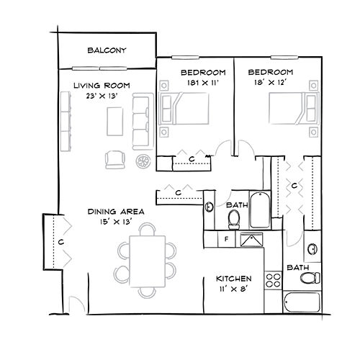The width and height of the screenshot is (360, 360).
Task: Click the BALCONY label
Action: (107, 50)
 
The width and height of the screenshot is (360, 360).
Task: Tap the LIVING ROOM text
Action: (102, 86)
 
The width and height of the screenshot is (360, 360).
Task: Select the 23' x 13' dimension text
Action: (102, 96)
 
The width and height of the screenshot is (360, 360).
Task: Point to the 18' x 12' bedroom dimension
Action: (271, 83)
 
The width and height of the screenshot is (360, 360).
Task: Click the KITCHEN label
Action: (234, 279)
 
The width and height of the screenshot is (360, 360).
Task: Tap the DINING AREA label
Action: (116, 212)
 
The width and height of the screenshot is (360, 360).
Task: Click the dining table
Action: (148, 261)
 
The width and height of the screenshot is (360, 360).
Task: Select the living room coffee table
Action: (115, 122)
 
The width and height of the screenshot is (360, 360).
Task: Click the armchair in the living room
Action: (115, 160)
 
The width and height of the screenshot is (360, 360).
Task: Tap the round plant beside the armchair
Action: (143, 161)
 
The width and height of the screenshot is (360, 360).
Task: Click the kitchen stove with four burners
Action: (274, 280)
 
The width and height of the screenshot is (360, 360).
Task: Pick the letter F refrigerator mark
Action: (226, 239)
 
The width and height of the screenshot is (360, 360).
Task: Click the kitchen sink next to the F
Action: (251, 240)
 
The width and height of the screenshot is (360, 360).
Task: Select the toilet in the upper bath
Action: (234, 220)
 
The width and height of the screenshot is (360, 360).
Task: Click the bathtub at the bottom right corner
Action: (302, 302)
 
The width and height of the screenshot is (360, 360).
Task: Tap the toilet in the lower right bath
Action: (310, 278)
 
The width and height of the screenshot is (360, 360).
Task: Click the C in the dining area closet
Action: (61, 242)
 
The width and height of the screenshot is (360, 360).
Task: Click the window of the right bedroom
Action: (284, 58)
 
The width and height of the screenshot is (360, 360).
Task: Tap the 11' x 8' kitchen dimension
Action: (233, 289)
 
